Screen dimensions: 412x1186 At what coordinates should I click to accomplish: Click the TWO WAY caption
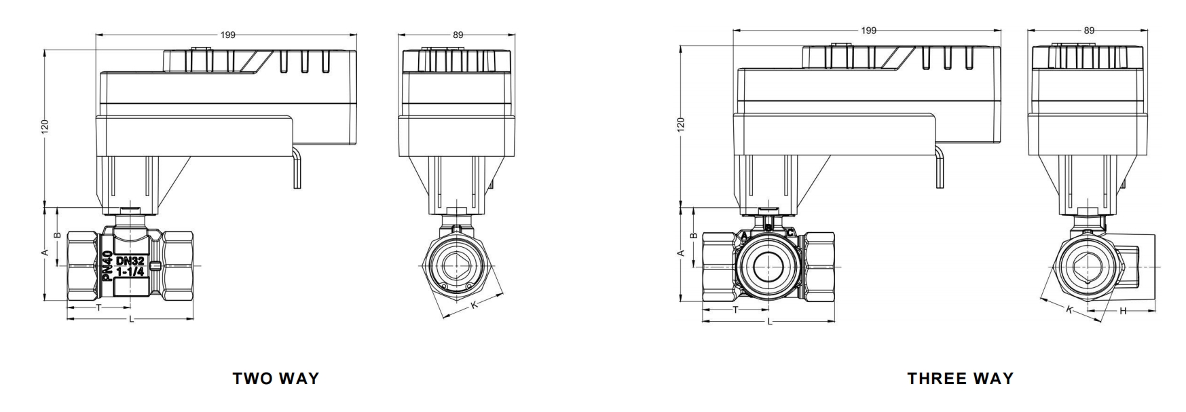pos(276,379)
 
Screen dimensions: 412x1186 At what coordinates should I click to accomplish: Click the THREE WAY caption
pos(960,379)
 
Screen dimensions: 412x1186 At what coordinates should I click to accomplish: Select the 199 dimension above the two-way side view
pos(227,35)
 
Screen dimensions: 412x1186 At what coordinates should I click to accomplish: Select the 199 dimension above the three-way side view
pos(868,31)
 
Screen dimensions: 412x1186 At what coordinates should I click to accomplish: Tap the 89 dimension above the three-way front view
pos(1089,31)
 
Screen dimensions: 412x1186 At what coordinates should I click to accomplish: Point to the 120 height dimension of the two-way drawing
pos(45,126)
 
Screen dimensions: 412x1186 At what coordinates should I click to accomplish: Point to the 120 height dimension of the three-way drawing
pos(681,124)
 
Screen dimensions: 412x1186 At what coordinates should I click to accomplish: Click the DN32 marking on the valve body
pos(130,261)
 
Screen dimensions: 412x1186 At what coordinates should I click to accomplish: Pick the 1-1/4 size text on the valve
pos(130,271)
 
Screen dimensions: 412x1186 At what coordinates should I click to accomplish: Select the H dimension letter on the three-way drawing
pos(1123,312)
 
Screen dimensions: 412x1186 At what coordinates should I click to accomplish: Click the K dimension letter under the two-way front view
pos(475,305)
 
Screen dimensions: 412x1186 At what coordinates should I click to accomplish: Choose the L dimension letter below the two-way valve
pos(131,319)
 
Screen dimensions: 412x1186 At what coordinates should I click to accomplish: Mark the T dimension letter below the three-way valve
pos(735,310)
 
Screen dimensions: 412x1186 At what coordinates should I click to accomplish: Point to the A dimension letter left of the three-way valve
pos(681,252)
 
